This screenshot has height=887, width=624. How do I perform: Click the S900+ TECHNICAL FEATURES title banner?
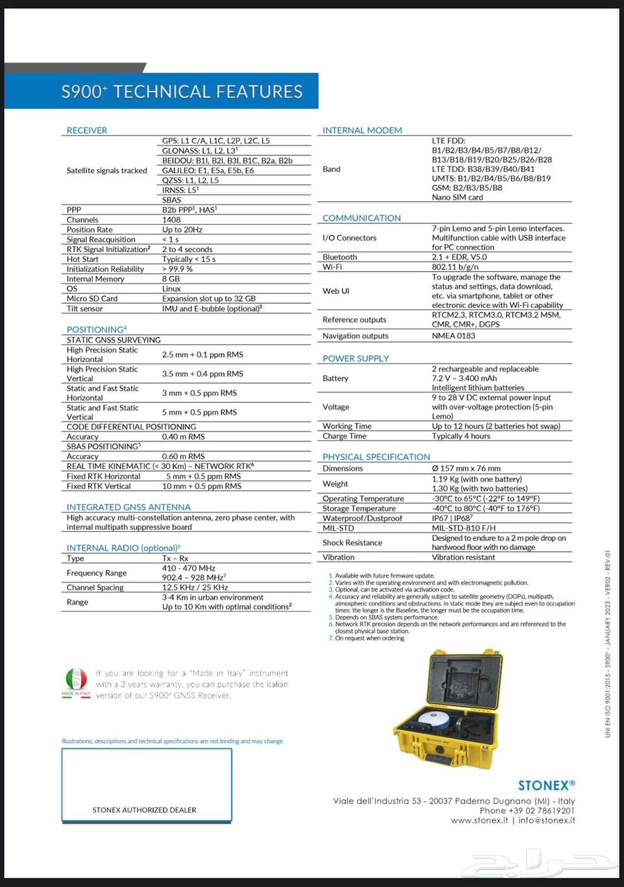point(182,92)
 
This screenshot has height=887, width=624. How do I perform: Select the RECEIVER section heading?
point(87,130)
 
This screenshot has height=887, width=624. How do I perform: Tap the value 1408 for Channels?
point(171,220)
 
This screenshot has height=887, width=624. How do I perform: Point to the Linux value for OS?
point(171,289)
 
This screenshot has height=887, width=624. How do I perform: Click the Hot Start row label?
point(83,259)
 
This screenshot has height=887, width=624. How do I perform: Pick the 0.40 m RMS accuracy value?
point(183,437)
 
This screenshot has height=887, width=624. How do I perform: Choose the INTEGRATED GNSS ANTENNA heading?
point(128,507)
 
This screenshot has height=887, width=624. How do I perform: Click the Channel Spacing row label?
point(95,587)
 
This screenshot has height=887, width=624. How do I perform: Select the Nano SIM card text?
point(458,197)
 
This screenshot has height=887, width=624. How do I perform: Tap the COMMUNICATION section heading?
point(361,218)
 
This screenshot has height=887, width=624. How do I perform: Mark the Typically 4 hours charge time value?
point(461,436)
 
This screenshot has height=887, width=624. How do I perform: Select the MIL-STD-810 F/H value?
point(464,528)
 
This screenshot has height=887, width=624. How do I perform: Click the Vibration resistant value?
point(464,557)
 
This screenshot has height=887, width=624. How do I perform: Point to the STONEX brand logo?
point(546,785)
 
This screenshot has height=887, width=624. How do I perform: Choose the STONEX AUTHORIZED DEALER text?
point(144,809)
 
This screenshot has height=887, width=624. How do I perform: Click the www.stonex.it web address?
point(480,820)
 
